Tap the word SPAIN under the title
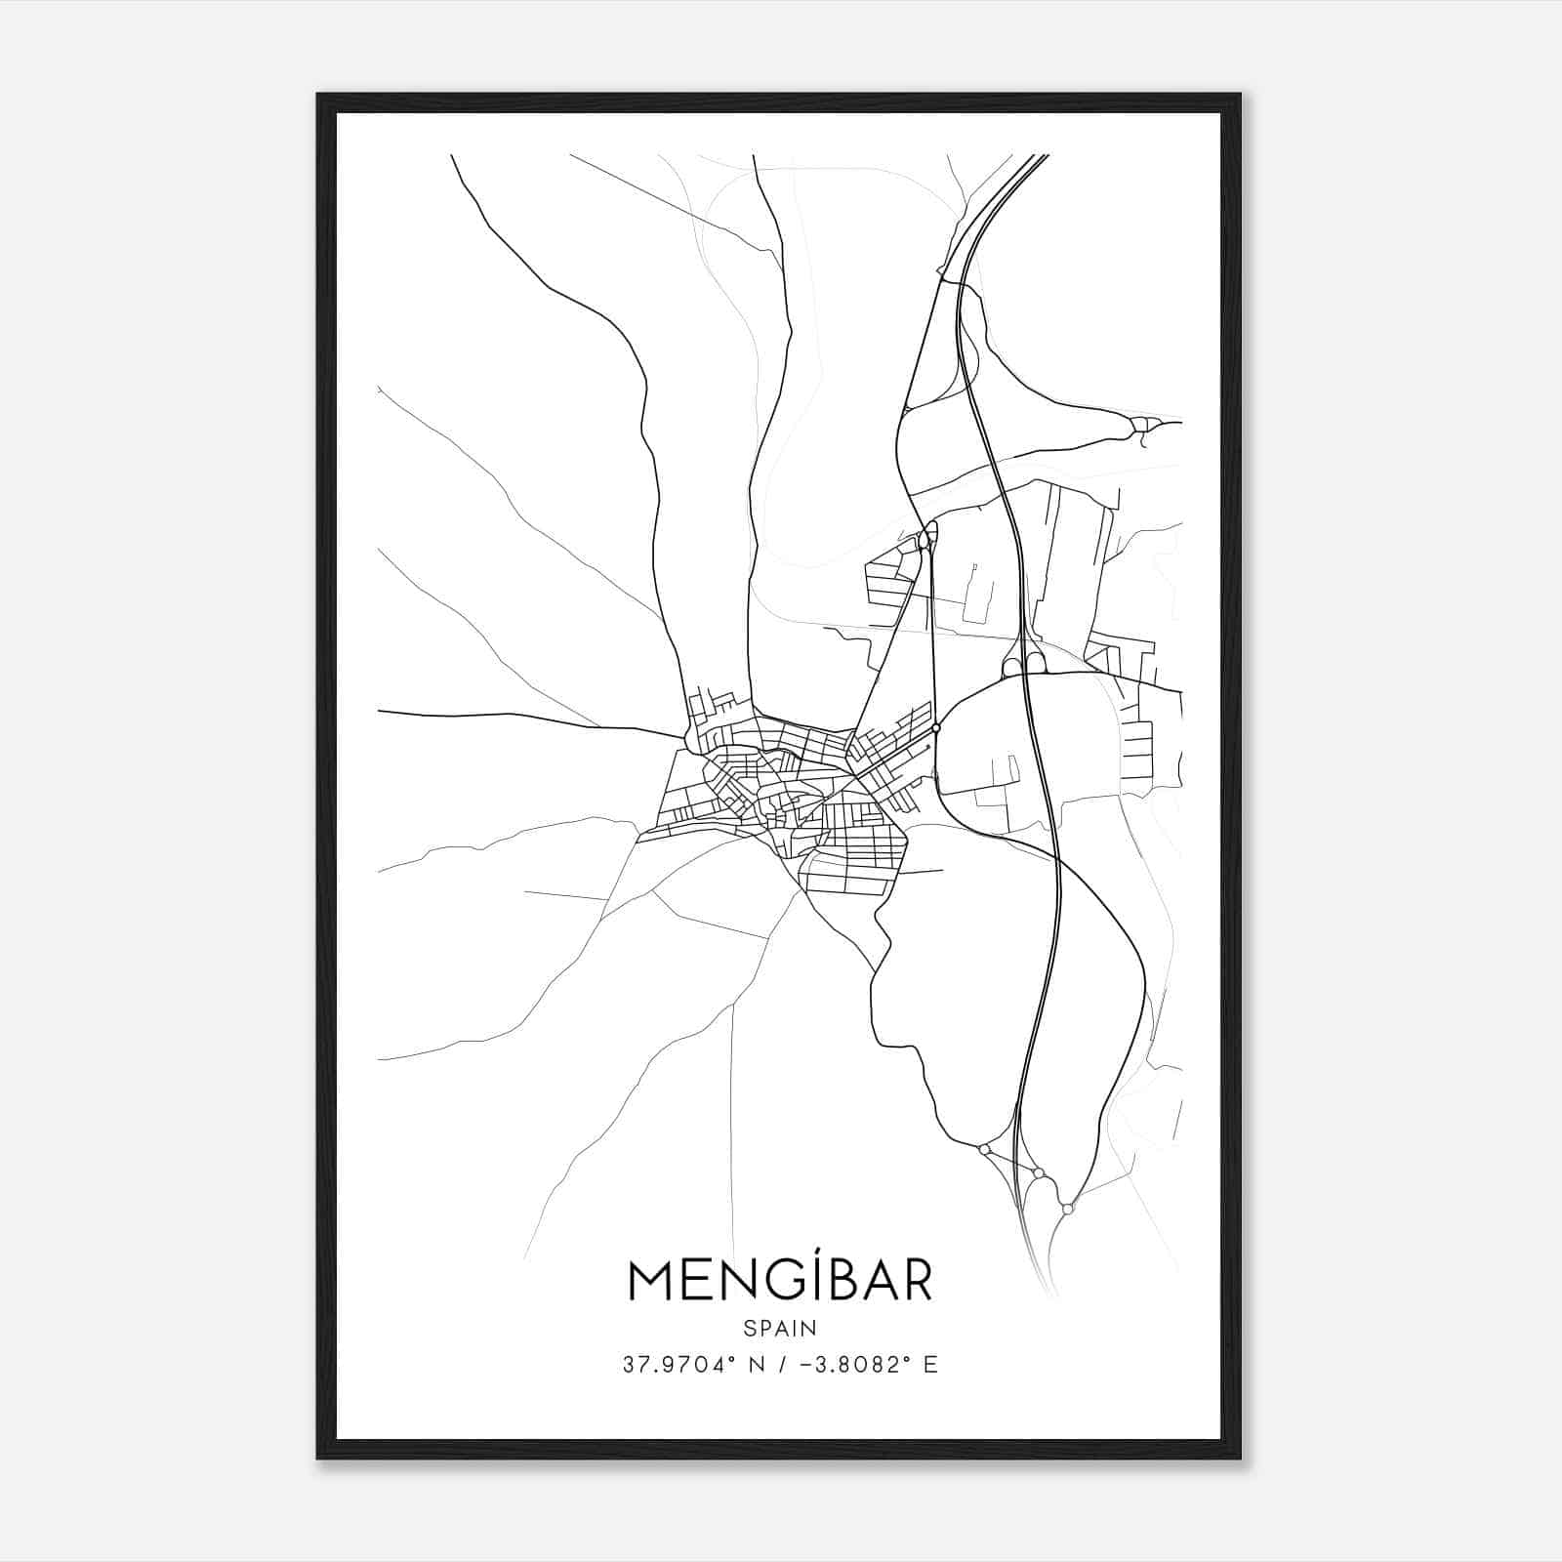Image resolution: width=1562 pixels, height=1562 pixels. pyautogui.click(x=780, y=1328)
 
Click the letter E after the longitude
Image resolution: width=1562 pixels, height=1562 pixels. pyautogui.click(x=930, y=1365)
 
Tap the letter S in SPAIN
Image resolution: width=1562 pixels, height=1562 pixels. pyautogui.click(x=749, y=1328)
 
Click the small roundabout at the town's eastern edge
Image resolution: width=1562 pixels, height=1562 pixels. pyautogui.click(x=936, y=727)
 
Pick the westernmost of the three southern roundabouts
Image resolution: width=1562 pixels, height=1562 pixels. pyautogui.click(x=984, y=1149)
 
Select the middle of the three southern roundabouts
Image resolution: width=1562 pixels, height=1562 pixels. pyautogui.click(x=1039, y=1172)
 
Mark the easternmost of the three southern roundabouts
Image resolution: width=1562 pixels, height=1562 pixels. pyautogui.click(x=1068, y=1209)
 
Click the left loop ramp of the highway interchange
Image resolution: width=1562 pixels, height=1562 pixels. pyautogui.click(x=1011, y=666)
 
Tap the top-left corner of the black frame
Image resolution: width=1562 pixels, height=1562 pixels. pyautogui.click(x=319, y=96)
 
